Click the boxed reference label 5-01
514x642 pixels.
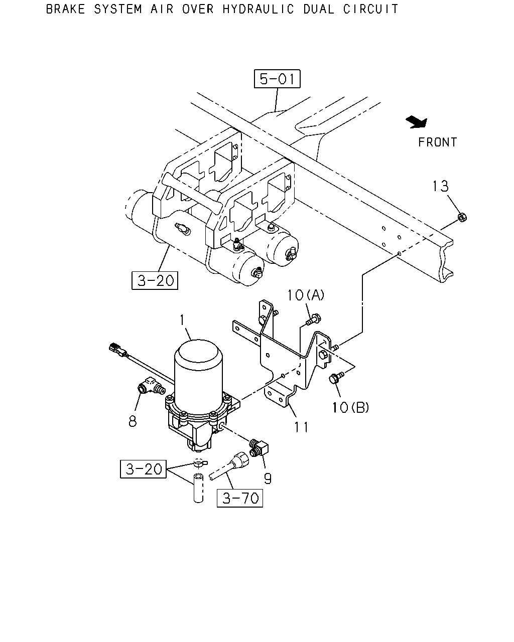(x=277, y=79)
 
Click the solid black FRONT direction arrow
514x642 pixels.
(x=417, y=122)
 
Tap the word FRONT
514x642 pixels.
(x=437, y=142)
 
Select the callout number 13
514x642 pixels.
(x=441, y=186)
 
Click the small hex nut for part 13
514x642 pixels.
(x=462, y=217)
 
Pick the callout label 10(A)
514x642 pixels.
(x=306, y=295)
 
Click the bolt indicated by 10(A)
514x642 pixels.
(x=314, y=320)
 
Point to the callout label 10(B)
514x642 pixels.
(x=350, y=407)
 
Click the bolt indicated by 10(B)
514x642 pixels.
(x=336, y=377)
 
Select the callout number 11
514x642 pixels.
(x=301, y=427)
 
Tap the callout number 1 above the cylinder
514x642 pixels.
(x=182, y=320)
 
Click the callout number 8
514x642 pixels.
(x=133, y=421)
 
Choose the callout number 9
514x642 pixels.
(x=268, y=479)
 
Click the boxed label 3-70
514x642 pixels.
(x=240, y=498)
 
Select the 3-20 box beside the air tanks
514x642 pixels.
(x=155, y=280)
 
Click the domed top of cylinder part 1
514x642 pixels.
(x=198, y=352)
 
